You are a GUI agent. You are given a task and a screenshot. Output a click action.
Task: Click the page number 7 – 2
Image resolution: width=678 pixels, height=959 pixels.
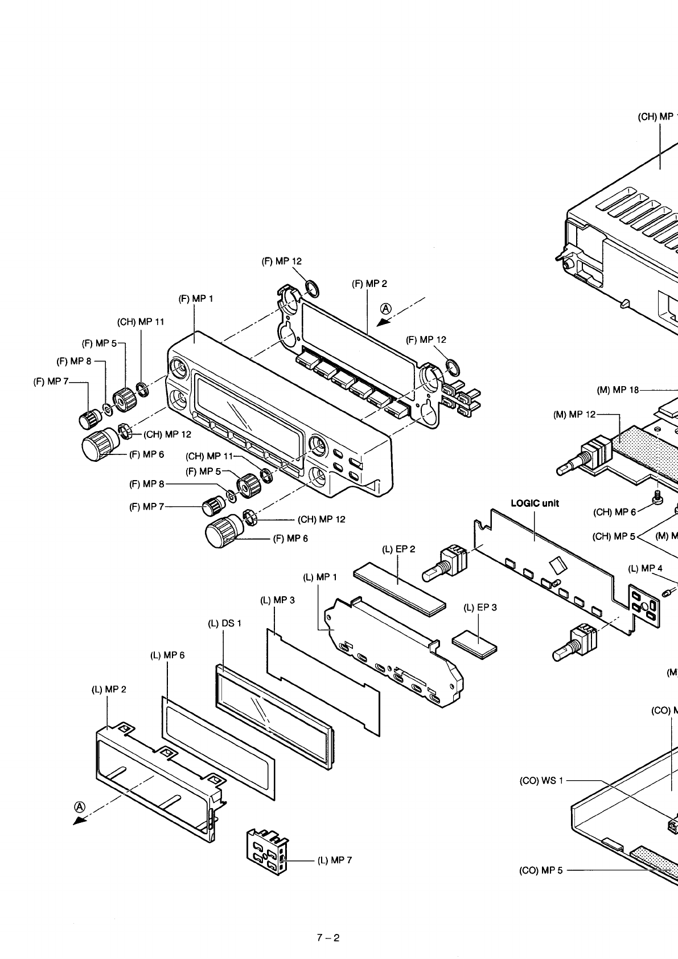coord(328,938)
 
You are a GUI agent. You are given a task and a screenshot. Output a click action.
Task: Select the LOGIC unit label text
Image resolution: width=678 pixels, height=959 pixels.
coord(535,503)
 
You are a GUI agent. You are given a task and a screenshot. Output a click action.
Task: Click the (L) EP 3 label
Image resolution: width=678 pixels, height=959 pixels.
coord(480,607)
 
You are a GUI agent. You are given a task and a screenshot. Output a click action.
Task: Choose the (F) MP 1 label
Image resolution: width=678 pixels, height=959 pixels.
coord(196,298)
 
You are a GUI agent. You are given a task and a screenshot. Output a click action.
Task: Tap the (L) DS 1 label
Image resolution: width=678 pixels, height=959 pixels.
coord(224,623)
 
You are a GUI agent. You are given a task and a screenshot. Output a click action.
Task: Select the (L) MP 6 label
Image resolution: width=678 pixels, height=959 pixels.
coord(167,655)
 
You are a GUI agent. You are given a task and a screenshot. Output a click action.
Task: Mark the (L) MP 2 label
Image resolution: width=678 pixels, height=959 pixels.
coord(109,689)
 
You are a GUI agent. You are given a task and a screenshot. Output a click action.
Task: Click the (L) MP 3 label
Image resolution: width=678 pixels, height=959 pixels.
coord(277,600)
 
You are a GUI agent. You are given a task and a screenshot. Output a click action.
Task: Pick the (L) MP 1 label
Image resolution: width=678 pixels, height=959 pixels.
coord(320,577)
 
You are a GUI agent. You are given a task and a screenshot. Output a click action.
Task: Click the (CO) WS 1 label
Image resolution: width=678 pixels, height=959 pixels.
coord(541,780)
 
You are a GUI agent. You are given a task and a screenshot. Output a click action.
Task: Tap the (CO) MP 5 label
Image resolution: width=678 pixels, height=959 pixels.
coord(541,870)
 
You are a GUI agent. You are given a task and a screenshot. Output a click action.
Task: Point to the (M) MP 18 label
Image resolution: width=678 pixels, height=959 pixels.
coord(618,390)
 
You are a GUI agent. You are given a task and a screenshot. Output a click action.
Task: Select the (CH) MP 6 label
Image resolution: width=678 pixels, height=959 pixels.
coord(614,512)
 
